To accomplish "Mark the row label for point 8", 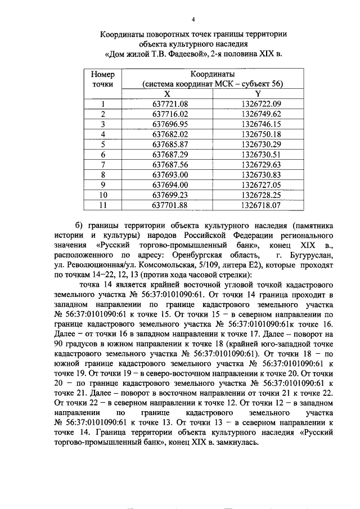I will tap(103, 174).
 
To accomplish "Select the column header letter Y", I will tap(258, 93).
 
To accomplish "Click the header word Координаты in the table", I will tap(212, 74).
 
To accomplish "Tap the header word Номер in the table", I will tap(103, 74).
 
